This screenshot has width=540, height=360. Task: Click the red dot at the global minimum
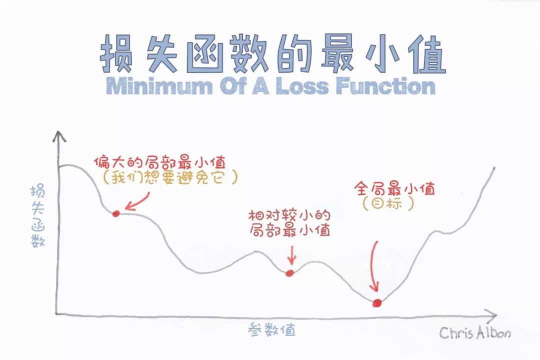[377, 302]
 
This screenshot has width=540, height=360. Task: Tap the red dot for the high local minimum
[116, 213]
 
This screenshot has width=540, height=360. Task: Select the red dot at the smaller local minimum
[289, 272]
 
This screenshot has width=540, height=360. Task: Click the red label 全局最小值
[394, 189]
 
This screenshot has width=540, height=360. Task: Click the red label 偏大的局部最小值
[160, 162]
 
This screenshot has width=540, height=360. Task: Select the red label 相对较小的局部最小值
[289, 223]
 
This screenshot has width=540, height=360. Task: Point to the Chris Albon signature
[475, 332]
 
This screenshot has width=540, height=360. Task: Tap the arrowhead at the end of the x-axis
[492, 315]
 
